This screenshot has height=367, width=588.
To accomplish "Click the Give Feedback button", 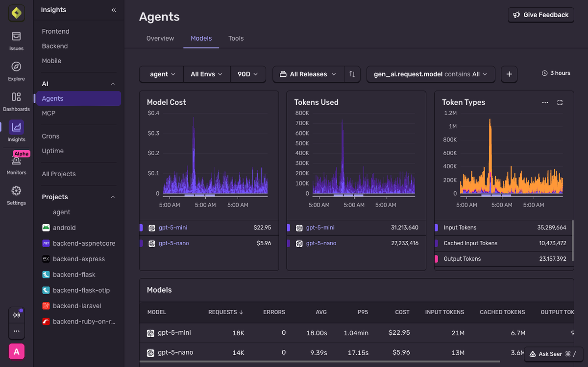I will pos(541,15).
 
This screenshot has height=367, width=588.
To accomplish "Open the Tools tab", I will pos(236,38).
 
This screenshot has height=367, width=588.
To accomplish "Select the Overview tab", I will pos(160,38).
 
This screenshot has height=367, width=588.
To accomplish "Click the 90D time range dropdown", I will pos(248,74).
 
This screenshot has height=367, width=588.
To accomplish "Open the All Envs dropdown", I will pos(206,74).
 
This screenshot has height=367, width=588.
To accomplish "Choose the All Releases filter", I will pos(308,74).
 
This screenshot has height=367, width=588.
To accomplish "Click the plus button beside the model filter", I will pos(509,74).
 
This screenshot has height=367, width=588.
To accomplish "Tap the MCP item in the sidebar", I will pos(49,113).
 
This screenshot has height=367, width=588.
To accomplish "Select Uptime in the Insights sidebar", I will pos(52,151).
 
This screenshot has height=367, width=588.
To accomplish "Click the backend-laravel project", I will pos(76,306).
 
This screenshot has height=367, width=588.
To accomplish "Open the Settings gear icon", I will pos(16,191).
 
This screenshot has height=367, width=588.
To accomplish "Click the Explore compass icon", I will pos(16,67).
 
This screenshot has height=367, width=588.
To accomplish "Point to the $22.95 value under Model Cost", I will pos(262,228).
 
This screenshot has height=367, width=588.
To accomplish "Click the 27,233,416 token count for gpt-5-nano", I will pos(404,243).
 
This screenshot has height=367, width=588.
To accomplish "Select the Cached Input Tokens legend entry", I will pos(470,243).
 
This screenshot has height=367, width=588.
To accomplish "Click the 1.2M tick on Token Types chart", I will pos(450,113).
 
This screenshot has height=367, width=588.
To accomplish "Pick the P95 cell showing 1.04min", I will pos(357,333).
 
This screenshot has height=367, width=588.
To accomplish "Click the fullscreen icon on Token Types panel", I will pos(560,103).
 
